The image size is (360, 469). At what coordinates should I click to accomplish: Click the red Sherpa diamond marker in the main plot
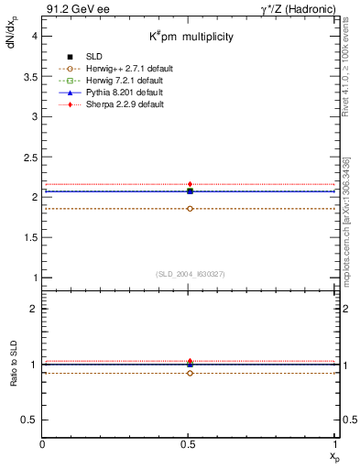point(190,184)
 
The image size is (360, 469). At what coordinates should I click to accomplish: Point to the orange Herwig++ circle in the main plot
point(190,209)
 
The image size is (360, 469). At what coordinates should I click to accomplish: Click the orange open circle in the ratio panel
point(190,373)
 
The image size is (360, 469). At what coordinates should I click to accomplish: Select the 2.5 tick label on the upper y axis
point(30,157)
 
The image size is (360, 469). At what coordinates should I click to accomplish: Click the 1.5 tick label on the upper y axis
point(30,236)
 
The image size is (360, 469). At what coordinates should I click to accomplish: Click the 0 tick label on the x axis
point(43,444)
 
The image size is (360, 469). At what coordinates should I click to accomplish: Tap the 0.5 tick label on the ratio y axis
point(30,419)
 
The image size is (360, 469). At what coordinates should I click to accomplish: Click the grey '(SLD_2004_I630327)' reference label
point(190,273)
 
